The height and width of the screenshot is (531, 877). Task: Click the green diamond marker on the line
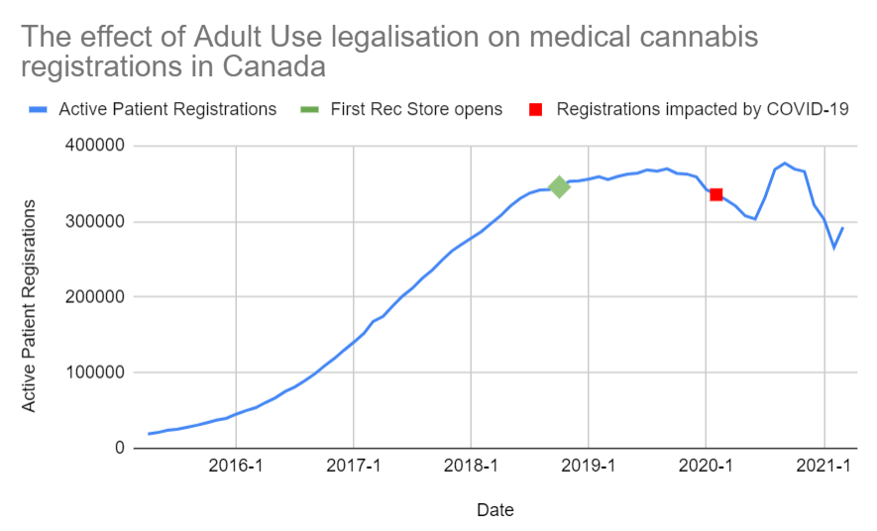[559, 186]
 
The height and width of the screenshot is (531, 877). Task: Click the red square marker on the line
[715, 194]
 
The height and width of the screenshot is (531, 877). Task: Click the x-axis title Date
[494, 510]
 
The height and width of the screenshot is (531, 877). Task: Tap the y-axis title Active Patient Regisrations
[30, 305]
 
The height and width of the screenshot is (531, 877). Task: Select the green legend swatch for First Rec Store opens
[311, 109]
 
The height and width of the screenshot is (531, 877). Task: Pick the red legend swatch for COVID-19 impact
[536, 109]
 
